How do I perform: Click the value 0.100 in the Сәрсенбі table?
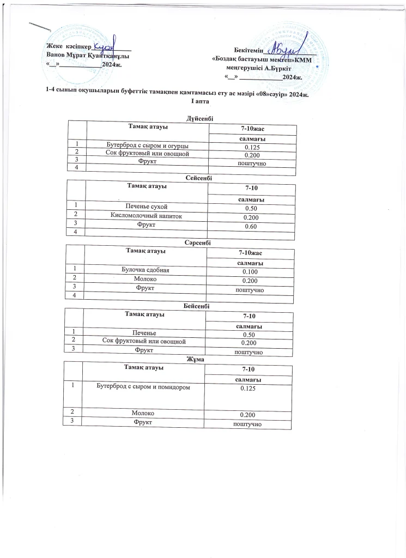(250, 271)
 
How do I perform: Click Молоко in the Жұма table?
(143, 414)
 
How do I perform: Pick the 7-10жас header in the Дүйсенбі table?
(252, 129)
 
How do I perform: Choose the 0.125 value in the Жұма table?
(248, 389)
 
